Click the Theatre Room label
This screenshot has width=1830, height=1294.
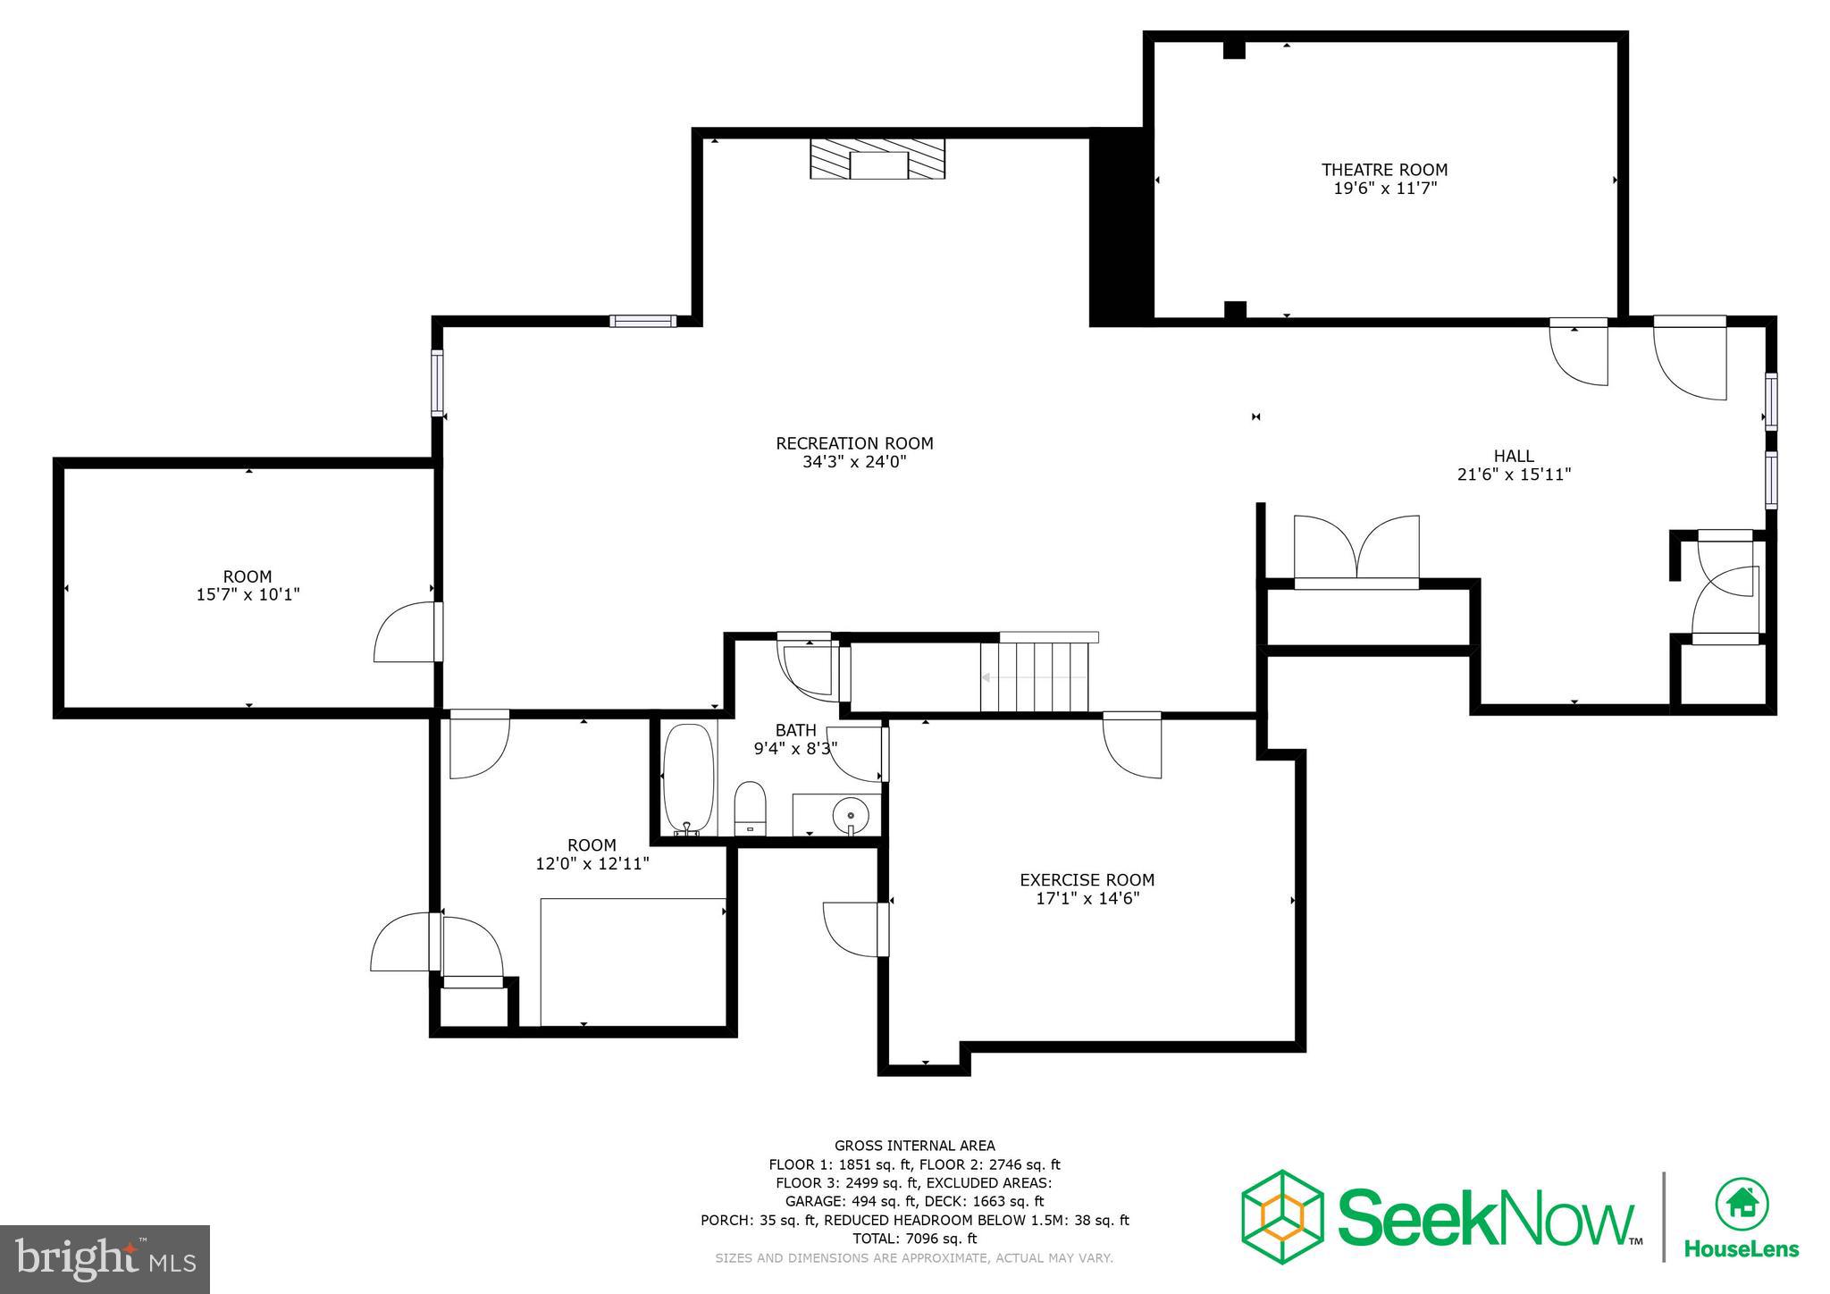click(x=1384, y=170)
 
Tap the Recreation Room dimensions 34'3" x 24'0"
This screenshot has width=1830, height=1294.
click(x=854, y=462)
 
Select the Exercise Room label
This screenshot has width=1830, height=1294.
click(x=1087, y=880)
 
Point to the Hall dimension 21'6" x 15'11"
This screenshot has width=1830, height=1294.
click(x=1514, y=475)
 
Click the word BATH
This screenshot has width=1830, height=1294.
click(x=795, y=730)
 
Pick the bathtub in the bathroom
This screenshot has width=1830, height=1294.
click(x=688, y=778)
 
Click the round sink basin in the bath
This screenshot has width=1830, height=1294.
click(x=850, y=814)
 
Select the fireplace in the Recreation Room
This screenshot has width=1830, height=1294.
click(x=877, y=160)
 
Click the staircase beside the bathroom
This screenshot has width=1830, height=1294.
click(x=1035, y=676)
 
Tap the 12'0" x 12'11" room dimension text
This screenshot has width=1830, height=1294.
click(x=592, y=864)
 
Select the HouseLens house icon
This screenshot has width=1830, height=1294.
click(x=1741, y=1204)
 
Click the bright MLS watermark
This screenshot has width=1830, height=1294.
click(x=105, y=1259)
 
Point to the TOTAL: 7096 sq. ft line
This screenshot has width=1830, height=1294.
click(x=914, y=1239)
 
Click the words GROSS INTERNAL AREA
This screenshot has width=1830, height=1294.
click(x=914, y=1146)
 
